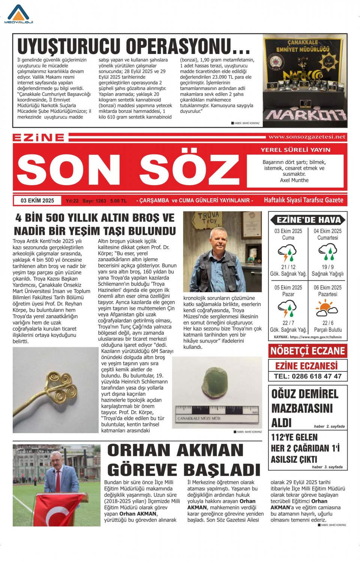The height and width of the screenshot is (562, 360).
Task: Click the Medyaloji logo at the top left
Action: coord(18,14)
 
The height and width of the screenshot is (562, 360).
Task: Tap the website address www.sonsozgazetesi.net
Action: coord(307,137)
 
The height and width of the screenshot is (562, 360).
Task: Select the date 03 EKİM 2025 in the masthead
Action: coord(37,200)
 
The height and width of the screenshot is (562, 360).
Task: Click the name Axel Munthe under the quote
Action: coord(294,180)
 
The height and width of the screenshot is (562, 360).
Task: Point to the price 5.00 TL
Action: coord(118,201)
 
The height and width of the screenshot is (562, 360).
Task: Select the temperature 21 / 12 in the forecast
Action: coord(288,267)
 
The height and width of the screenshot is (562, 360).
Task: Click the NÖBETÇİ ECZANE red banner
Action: coord(307,351)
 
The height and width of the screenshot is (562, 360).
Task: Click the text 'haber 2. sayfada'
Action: coord(329,426)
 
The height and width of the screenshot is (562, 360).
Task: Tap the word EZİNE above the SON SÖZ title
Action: coord(39,138)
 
